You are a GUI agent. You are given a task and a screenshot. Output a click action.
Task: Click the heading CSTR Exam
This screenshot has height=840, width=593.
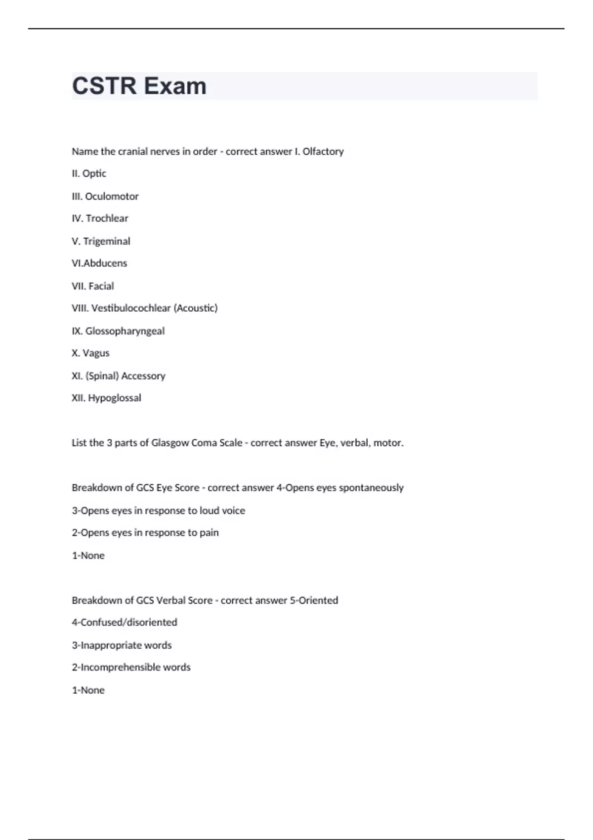click(139, 86)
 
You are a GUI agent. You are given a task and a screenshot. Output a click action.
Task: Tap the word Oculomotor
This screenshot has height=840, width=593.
click(112, 196)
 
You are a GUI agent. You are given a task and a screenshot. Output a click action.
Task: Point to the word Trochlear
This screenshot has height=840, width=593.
click(107, 218)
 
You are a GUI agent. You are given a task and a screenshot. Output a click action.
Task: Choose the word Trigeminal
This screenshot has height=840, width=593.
click(107, 241)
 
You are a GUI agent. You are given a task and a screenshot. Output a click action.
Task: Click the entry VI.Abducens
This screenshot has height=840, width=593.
click(99, 263)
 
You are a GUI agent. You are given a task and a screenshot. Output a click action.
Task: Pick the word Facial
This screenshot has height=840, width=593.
click(101, 286)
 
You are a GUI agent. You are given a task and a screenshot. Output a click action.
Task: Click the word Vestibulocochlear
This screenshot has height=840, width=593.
click(131, 308)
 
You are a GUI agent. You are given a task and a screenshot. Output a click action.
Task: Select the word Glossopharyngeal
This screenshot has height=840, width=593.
click(125, 331)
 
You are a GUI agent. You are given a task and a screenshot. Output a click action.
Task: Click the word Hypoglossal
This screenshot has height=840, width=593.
click(115, 398)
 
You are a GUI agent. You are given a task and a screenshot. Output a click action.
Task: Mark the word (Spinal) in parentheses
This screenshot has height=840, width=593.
click(102, 376)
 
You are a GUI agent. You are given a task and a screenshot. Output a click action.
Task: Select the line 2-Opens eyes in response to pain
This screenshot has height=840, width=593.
click(145, 533)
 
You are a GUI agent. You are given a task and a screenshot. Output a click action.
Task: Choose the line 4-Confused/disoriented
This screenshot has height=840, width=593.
click(125, 623)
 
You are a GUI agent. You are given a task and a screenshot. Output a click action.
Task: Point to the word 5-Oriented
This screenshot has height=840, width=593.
click(314, 600)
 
